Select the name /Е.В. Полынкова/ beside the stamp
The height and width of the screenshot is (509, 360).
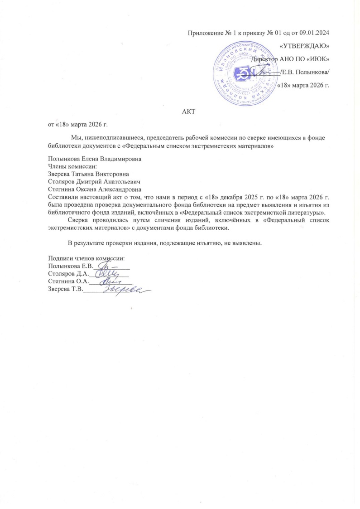(306, 72)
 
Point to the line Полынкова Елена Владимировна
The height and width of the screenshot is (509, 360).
(95, 160)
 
